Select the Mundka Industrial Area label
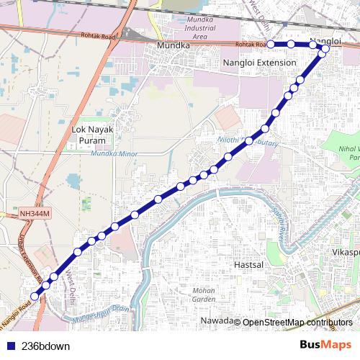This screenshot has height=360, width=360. click(x=190, y=28)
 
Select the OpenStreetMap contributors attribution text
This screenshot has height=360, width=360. click(x=297, y=322)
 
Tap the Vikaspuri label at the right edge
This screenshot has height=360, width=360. click(x=345, y=253)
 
